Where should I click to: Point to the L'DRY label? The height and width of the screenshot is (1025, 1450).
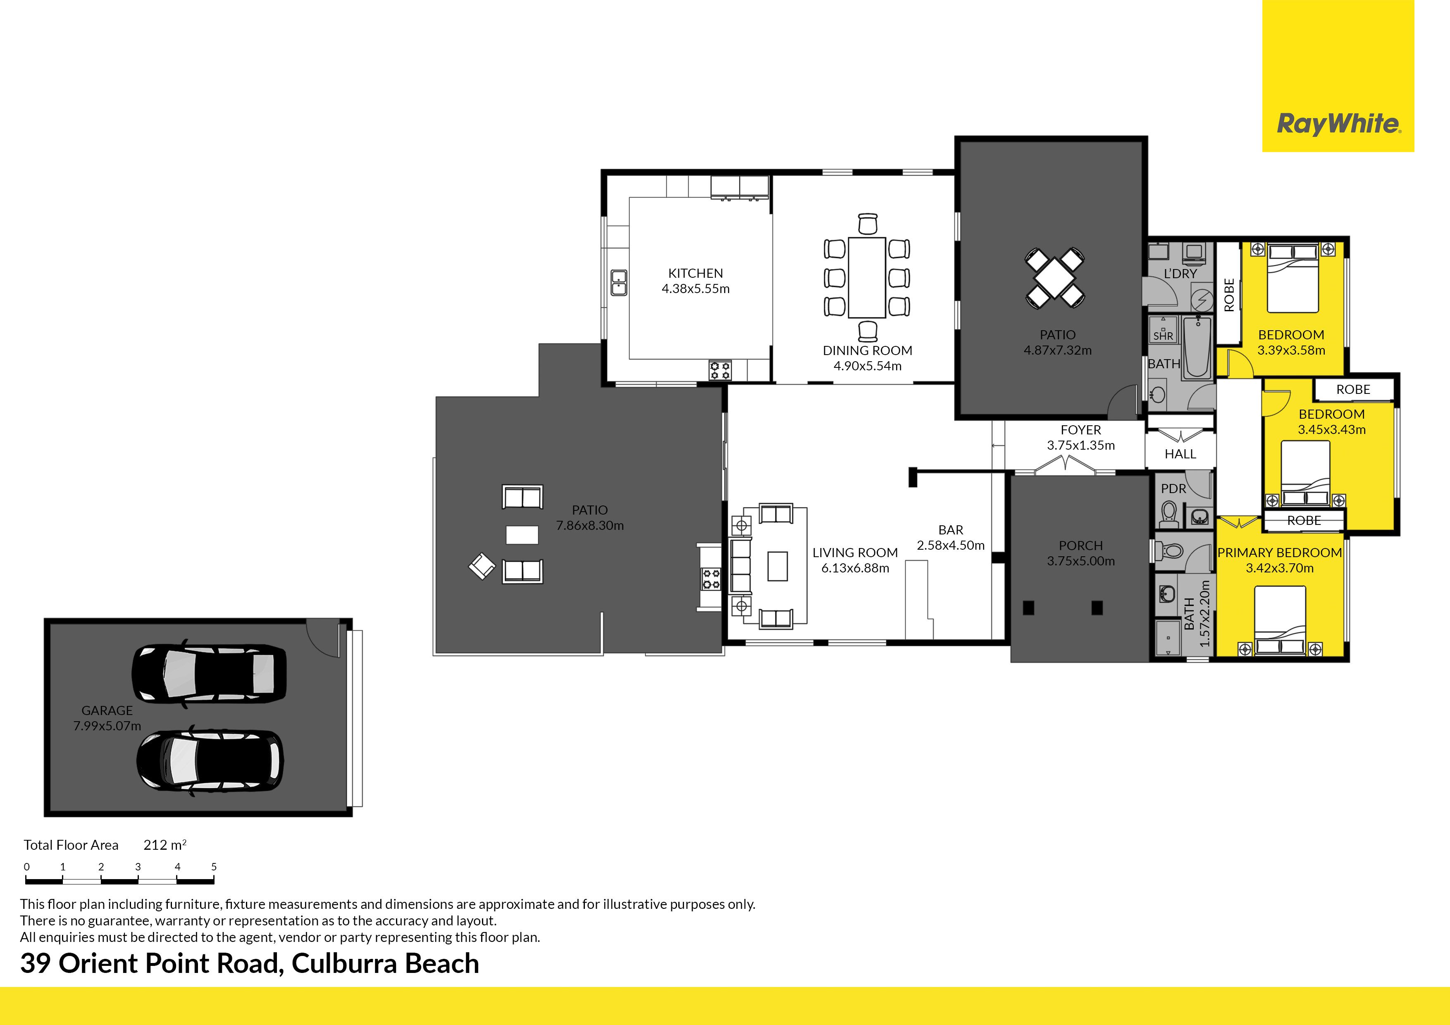pyautogui.click(x=1181, y=274)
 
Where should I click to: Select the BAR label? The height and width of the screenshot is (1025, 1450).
pyautogui.click(x=950, y=530)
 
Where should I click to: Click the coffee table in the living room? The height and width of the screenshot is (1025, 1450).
pyautogui.click(x=777, y=566)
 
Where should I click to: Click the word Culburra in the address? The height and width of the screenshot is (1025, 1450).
pyautogui.click(x=344, y=964)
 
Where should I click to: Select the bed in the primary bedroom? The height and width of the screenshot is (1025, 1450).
pyautogui.click(x=1279, y=621)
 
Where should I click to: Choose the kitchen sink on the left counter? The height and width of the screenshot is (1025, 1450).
pyautogui.click(x=618, y=282)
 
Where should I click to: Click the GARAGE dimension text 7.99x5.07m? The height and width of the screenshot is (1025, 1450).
pyautogui.click(x=107, y=726)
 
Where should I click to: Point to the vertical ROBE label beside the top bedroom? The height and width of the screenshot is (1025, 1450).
pyautogui.click(x=1229, y=295)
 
